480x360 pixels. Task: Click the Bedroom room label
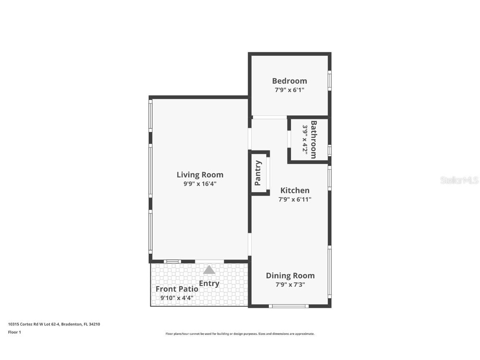290,81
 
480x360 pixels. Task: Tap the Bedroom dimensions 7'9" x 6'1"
290,90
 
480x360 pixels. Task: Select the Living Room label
200,175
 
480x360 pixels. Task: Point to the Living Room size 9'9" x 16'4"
200,184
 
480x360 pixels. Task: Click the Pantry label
258,173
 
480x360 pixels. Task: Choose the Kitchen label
295,190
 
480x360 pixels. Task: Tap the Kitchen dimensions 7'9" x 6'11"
295,200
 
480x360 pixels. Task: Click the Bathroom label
314,140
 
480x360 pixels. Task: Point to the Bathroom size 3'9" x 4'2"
305,140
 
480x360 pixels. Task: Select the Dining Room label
290,275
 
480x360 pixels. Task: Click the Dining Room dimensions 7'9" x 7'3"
290,285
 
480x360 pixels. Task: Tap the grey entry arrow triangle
209,270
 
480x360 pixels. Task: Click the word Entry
209,284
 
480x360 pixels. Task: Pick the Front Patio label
177,289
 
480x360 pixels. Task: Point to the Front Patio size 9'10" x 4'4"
177,298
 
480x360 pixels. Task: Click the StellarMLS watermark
459,180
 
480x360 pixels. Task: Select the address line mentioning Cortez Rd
54,324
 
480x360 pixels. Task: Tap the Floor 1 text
14,332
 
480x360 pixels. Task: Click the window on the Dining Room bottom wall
289,306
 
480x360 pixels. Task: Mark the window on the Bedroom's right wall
330,80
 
